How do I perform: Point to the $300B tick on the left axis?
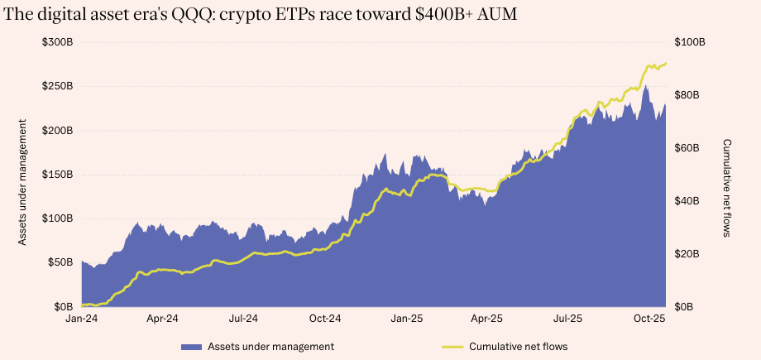pyautogui.click(x=58, y=42)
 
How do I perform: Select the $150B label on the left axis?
pyautogui.click(x=58, y=175)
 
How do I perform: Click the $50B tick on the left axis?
pyautogui.click(x=60, y=262)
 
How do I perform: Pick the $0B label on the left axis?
pyautogui.click(x=64, y=307)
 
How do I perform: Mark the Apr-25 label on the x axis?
pyautogui.click(x=487, y=318)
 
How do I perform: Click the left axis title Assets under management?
pyautogui.click(x=23, y=182)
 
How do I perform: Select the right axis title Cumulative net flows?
pyautogui.click(x=726, y=188)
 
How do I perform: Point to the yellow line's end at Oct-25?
pyautogui.click(x=666, y=63)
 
